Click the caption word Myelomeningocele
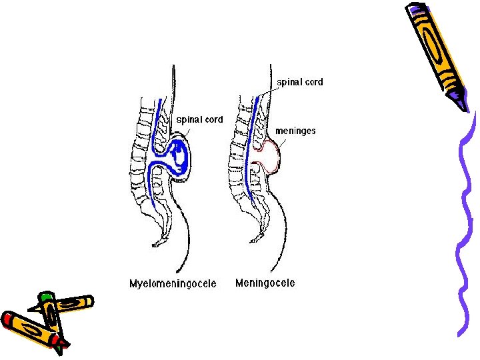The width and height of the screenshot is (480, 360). click(173, 283)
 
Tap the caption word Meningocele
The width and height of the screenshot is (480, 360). click(265, 283)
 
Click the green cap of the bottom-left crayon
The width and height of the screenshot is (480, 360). click(45, 295)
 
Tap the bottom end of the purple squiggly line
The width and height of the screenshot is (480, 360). click(460, 334)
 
